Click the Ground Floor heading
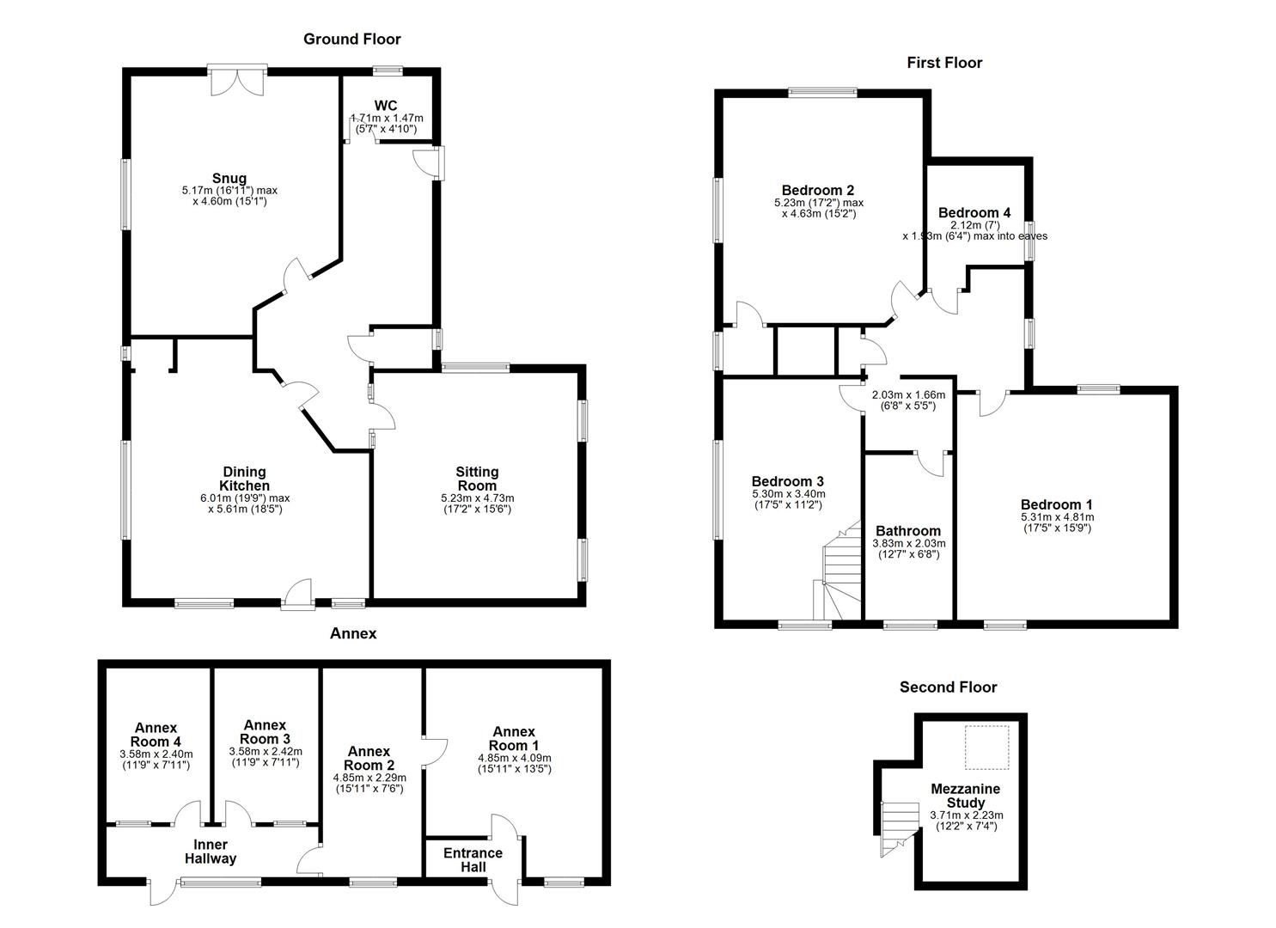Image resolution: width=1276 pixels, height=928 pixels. click(x=351, y=39)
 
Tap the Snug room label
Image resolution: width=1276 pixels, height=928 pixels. click(x=229, y=179)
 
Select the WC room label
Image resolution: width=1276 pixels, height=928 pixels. click(x=386, y=106)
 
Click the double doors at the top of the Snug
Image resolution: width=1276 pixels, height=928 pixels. click(x=238, y=81)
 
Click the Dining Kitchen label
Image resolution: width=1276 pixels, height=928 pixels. click(x=245, y=479)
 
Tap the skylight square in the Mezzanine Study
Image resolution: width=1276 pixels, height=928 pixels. click(x=986, y=748)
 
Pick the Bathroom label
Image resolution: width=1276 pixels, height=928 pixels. click(x=908, y=531)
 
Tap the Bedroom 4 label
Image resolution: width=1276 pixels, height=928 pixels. click(x=974, y=212)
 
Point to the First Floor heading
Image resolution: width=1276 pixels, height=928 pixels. click(x=944, y=63)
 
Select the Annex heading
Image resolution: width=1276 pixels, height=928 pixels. click(x=353, y=633)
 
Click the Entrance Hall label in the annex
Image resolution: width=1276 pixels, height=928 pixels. click(x=473, y=859)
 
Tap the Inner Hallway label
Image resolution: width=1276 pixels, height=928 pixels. click(x=211, y=851)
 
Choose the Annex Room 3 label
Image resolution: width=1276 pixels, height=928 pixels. click(x=265, y=732)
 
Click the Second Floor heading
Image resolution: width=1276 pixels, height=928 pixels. click(x=948, y=687)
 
